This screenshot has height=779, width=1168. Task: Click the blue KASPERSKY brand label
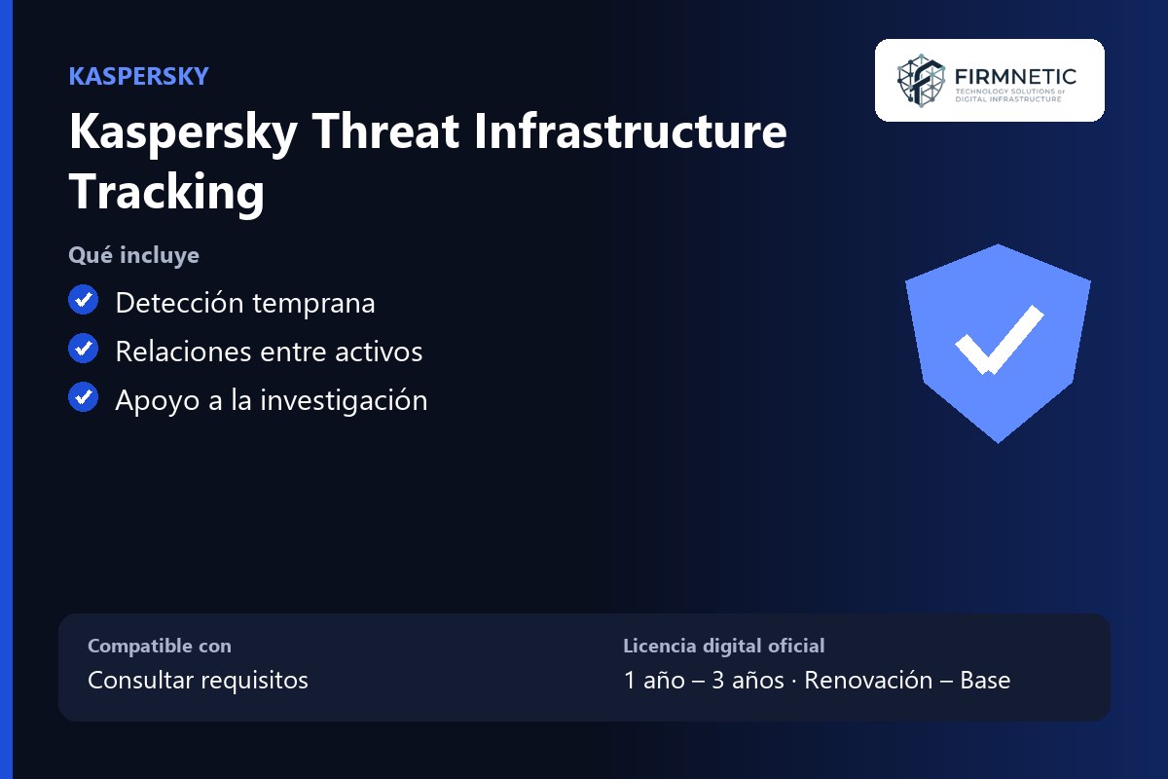coord(138,76)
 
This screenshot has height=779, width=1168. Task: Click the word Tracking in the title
coord(166,192)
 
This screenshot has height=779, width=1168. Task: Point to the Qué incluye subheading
coord(134,255)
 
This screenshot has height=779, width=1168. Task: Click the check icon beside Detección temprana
coord(84,300)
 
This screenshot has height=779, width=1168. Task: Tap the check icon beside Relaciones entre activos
coord(84,348)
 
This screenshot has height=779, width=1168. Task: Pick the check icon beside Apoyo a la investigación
coord(84,397)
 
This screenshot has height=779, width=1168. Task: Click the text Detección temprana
coord(245,303)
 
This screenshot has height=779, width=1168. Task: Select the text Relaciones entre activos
coord(269,352)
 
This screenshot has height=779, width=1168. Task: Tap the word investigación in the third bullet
coord(344,400)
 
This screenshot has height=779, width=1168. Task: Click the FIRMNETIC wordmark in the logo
coord(1015,77)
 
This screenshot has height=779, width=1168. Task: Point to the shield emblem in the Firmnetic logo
coord(921,81)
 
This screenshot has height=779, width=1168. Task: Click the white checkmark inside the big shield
coord(999,340)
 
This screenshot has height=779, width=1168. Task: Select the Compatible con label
coord(160,646)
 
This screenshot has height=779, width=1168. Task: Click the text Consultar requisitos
coord(198,680)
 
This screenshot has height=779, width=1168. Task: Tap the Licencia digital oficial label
coord(724,646)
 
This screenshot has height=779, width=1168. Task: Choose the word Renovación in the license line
coord(868,680)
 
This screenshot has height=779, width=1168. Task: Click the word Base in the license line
coord(985,680)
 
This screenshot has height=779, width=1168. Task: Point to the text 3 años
coord(748,680)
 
